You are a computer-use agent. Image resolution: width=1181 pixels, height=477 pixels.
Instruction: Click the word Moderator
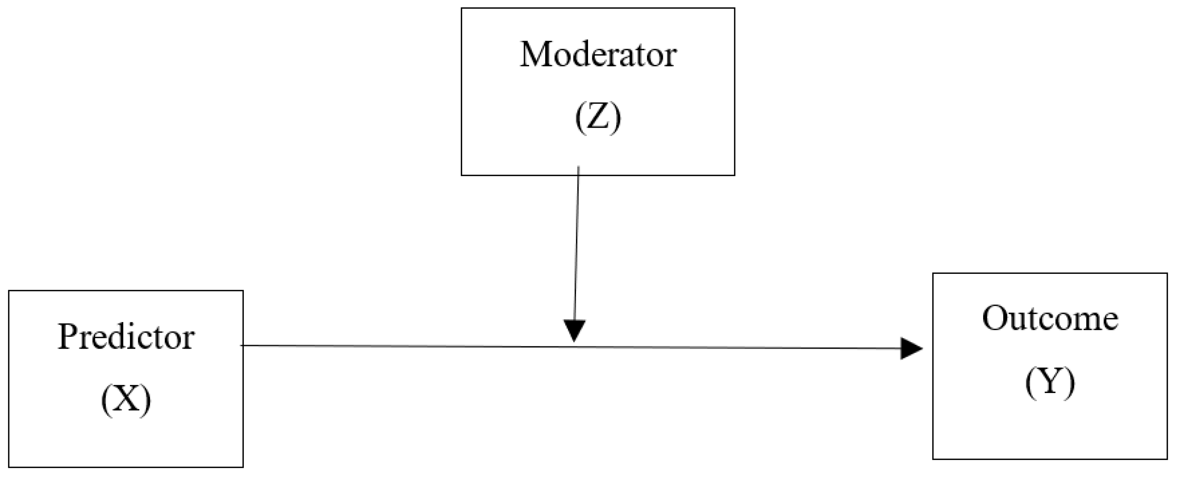[598, 55]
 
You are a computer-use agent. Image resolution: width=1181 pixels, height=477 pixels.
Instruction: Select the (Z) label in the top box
[598, 118]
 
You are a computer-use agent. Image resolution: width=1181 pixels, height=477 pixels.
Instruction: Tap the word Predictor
[126, 338]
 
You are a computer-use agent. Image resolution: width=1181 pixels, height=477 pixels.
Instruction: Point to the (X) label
[126, 400]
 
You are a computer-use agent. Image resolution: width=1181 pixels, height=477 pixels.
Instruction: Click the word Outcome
[1050, 319]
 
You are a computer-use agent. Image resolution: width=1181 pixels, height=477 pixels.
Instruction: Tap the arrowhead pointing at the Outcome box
[911, 349]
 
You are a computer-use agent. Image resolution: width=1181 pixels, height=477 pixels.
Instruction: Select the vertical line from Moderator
[577, 243]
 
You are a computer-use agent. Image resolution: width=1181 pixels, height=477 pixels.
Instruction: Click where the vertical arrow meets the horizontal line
[574, 346]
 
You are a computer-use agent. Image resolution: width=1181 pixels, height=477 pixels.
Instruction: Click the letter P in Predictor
[66, 337]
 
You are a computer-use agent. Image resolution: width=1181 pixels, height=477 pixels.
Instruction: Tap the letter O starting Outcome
[994, 319]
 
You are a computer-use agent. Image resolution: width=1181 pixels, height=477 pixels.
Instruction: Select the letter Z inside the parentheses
[598, 118]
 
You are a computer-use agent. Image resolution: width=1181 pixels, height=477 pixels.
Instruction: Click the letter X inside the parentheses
[126, 400]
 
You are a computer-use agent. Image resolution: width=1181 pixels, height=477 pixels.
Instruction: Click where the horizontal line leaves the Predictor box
[243, 346]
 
